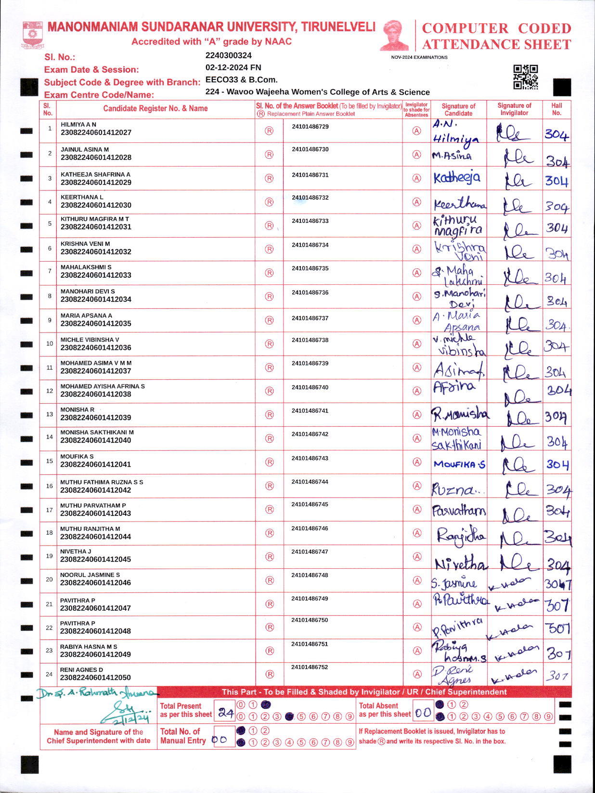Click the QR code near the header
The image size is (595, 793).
coord(525,77)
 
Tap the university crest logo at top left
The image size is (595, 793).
coord(32,35)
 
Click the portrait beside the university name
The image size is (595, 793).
coord(394,35)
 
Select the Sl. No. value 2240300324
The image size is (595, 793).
coord(228,55)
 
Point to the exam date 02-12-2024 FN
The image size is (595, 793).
coord(233,67)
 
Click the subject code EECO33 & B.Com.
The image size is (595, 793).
coord(241,79)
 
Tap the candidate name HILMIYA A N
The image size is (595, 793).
coord(78,125)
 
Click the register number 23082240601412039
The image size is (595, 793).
coord(96,418)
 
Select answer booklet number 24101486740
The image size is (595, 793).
coord(310,387)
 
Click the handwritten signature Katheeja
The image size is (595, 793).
coord(456,178)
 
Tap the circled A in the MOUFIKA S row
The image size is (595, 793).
coord(417,462)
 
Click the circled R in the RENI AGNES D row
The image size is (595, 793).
coord(270,674)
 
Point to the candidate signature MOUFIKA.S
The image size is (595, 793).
coord(459,464)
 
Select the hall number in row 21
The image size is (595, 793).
coord(557,605)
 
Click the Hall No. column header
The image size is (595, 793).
coord(556,109)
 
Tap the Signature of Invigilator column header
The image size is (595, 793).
coord(514,109)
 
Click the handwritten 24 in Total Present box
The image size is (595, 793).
coord(225,713)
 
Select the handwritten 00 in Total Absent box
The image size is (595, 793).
coord(423,713)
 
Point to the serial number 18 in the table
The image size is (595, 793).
coord(49,533)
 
